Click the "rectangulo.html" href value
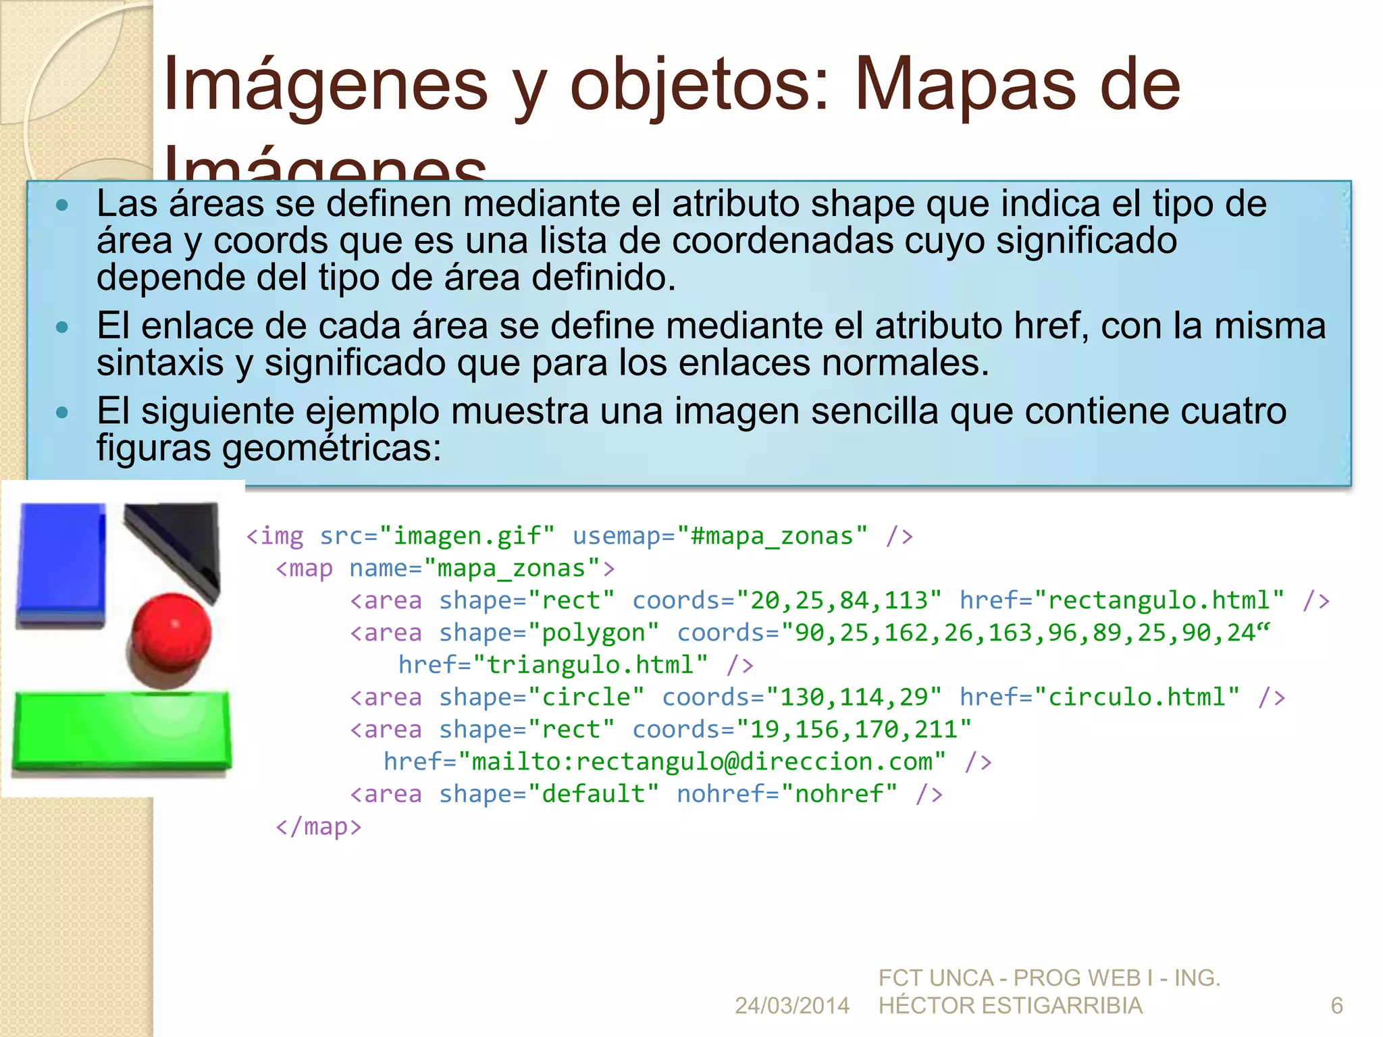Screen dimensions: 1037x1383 click(1159, 600)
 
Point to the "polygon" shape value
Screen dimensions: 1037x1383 click(594, 633)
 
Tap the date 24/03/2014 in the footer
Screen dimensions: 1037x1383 click(791, 1006)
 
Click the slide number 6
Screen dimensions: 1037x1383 click(1336, 1006)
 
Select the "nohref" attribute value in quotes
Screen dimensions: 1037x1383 click(839, 794)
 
